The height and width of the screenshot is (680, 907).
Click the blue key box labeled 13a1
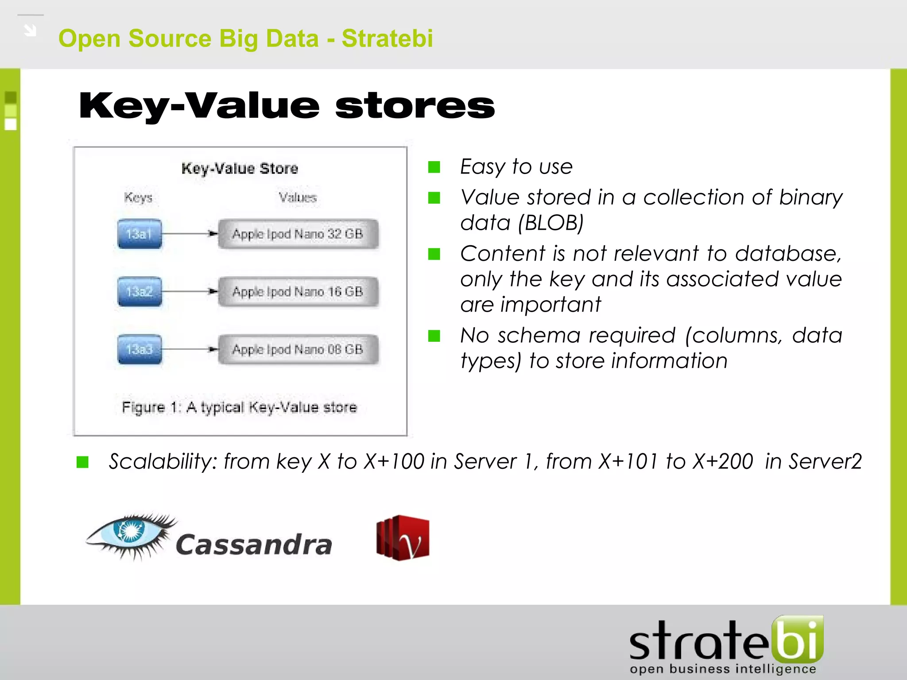(x=140, y=234)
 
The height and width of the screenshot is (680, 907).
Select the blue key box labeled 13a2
(x=140, y=292)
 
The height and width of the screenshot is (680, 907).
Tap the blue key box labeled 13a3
(x=140, y=349)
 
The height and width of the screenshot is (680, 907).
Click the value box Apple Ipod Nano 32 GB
(x=298, y=234)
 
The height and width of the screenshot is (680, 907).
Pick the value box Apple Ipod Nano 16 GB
(x=298, y=292)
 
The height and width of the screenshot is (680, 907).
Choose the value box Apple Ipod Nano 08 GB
(x=298, y=349)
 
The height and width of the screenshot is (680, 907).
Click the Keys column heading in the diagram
(x=138, y=197)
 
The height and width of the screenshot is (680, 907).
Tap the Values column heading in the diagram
(x=298, y=197)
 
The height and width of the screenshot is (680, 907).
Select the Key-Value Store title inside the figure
(x=240, y=169)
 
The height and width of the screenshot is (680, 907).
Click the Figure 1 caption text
(x=239, y=407)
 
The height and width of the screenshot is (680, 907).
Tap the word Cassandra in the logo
(x=254, y=545)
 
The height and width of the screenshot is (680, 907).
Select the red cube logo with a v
(x=403, y=538)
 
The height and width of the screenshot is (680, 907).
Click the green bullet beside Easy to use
(x=434, y=167)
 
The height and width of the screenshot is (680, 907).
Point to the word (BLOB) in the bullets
(x=551, y=223)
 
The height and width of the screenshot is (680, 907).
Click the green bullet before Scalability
(x=82, y=462)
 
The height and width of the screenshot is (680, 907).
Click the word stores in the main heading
(x=415, y=106)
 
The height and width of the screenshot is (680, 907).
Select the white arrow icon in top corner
(x=30, y=31)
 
